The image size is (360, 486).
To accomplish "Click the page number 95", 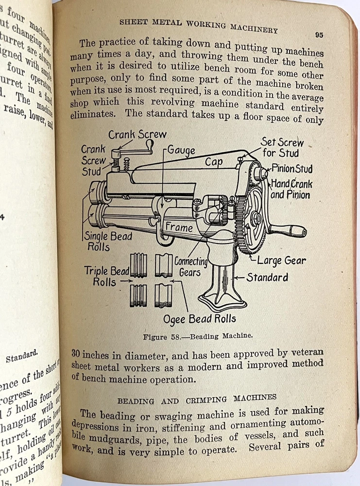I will click(x=319, y=35).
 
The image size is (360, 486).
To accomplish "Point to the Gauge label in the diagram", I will click(x=181, y=150).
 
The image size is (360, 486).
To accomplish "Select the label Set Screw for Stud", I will click(x=282, y=147).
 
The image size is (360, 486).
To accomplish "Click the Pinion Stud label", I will click(x=291, y=169).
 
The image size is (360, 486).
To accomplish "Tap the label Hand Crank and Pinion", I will click(x=291, y=189).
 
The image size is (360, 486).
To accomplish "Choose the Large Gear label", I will click(x=281, y=260).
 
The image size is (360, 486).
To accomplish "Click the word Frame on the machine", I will click(x=179, y=227).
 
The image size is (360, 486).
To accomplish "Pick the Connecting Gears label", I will click(x=190, y=267).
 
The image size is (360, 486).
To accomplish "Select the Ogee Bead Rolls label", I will click(x=200, y=319).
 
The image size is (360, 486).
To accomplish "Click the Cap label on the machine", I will click(x=214, y=162).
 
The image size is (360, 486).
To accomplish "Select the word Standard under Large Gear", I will click(x=267, y=278).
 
